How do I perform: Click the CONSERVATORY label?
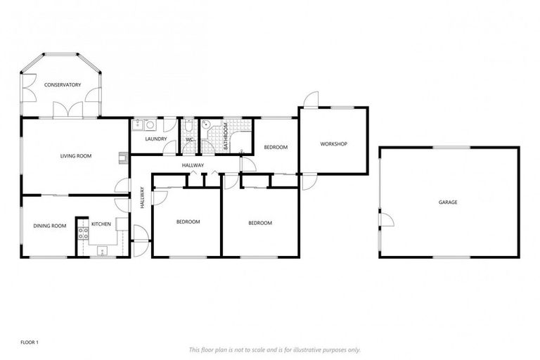point(63,85)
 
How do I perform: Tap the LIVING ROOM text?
point(76,156)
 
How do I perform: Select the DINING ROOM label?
point(50,226)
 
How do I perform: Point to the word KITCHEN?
point(101,224)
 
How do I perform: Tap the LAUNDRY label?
point(155,139)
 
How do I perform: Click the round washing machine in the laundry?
point(150,125)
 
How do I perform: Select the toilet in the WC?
point(188,126)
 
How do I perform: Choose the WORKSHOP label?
point(334,144)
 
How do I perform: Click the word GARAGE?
point(448,202)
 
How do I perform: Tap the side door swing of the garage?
point(385,219)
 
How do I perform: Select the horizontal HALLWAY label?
point(193,165)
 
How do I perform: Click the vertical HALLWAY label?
point(142,196)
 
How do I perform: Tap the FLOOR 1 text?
point(28,342)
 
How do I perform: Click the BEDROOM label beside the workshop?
point(276,147)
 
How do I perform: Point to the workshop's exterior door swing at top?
point(311,99)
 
